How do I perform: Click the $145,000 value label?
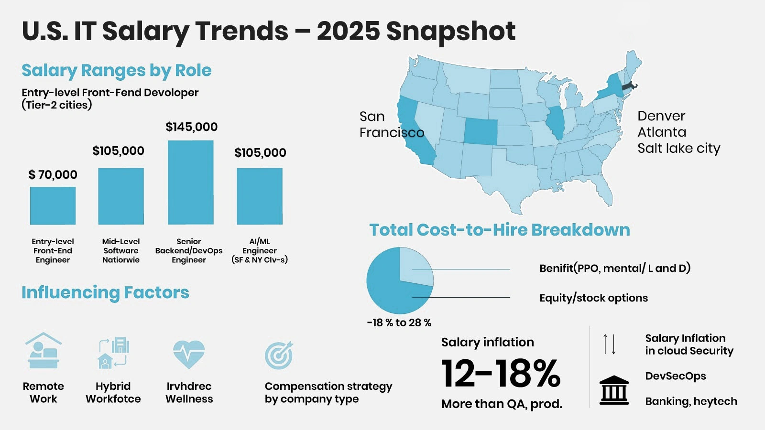coord(191,127)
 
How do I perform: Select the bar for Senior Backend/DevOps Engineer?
coord(191,183)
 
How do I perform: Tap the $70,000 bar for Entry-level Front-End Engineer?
coord(53,205)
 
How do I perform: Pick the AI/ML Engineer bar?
coord(260,196)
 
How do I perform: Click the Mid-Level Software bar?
coord(121,196)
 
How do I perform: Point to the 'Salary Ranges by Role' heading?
coord(116,71)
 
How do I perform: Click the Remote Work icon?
coord(43,351)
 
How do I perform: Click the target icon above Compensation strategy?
coord(279,355)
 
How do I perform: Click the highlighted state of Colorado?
coord(481,131)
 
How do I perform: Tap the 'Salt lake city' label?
coord(678,149)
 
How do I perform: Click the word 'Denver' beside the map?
coord(661,116)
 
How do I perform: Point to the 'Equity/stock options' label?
coord(593,298)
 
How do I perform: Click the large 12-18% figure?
coord(501,373)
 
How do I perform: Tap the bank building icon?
coord(614,390)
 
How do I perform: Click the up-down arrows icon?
coord(609,344)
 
